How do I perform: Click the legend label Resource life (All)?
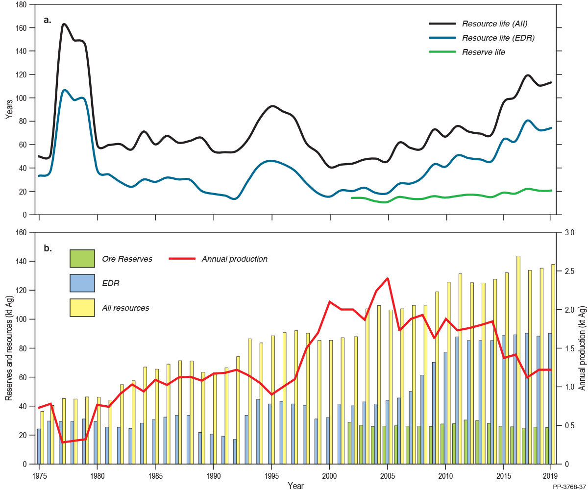[x=495, y=24]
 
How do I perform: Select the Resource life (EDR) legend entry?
[x=498, y=38]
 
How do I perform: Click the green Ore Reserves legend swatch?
[x=82, y=259]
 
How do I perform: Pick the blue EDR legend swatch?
[x=82, y=283]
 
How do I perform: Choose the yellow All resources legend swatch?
[x=82, y=308]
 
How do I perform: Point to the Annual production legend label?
[x=234, y=259]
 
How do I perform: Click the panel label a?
[x=48, y=20]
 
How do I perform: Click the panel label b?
[x=48, y=248]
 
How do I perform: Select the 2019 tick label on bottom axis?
[x=549, y=476]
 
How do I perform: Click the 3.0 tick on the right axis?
[x=568, y=232]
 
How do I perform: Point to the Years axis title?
[x=9, y=109]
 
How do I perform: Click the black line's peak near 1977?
[x=64, y=24]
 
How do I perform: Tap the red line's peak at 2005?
[x=388, y=278]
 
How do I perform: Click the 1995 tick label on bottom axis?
[x=271, y=476]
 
